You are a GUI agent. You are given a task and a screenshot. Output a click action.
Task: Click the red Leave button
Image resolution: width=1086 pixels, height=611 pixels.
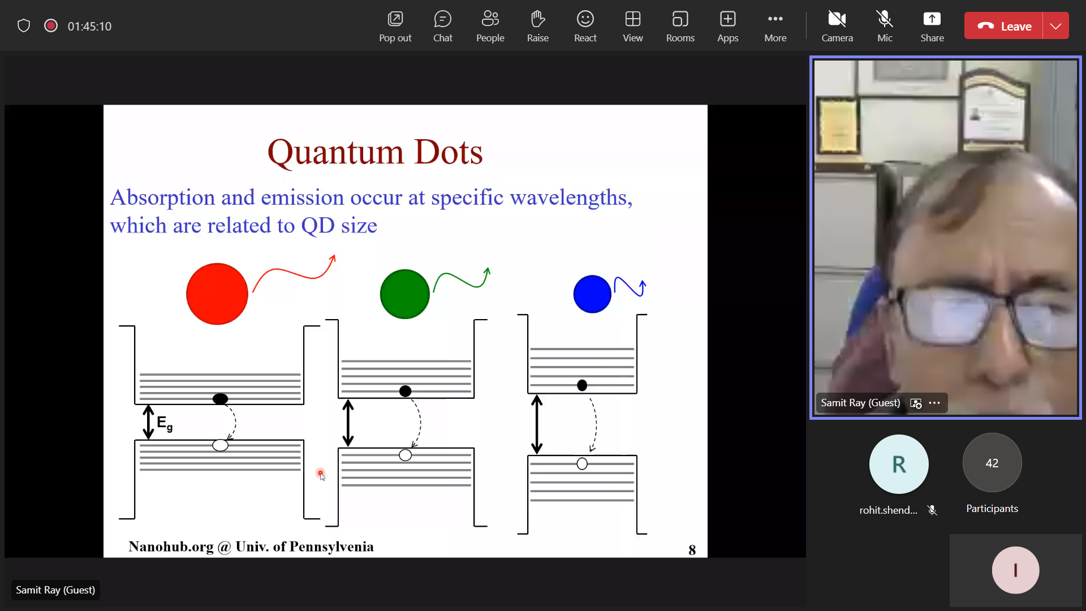[1003, 26]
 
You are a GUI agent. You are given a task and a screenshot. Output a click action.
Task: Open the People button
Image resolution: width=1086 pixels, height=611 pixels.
[490, 27]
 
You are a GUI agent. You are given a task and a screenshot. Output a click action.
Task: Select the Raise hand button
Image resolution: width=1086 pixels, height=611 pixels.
[537, 27]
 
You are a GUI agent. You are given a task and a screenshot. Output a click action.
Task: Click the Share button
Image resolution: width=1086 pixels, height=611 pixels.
[932, 27]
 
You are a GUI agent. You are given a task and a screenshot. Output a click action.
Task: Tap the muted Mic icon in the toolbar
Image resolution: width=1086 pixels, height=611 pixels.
[885, 19]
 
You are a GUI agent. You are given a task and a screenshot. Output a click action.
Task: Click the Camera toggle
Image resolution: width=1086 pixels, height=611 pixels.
[837, 27]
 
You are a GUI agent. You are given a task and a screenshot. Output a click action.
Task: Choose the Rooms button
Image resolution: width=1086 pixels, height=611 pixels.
[680, 27]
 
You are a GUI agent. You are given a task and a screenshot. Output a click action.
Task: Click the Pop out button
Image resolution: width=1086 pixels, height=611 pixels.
[395, 27]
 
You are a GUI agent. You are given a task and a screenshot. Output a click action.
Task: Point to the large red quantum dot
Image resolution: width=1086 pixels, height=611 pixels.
[217, 294]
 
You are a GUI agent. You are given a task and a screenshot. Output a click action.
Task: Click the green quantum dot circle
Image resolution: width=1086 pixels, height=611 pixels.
[405, 294]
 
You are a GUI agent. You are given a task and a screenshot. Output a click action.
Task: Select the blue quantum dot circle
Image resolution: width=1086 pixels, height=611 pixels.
[592, 294]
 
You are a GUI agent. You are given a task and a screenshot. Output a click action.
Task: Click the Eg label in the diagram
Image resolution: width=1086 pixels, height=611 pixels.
[165, 423]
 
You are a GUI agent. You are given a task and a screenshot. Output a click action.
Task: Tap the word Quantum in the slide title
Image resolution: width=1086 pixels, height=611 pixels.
[335, 153]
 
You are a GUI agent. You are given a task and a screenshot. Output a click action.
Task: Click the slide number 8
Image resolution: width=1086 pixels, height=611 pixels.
[692, 550]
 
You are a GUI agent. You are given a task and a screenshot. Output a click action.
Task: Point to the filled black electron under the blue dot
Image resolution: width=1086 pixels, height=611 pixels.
[582, 385]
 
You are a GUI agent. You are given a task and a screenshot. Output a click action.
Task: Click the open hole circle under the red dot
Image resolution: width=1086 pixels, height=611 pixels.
[220, 445]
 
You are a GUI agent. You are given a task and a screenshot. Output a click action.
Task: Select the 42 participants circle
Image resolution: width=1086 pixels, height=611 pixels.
[992, 463]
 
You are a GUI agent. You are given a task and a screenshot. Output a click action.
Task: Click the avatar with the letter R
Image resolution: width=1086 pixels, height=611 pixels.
[899, 464]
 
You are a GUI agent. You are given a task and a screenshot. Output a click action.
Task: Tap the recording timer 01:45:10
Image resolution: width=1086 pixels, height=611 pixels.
[89, 26]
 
